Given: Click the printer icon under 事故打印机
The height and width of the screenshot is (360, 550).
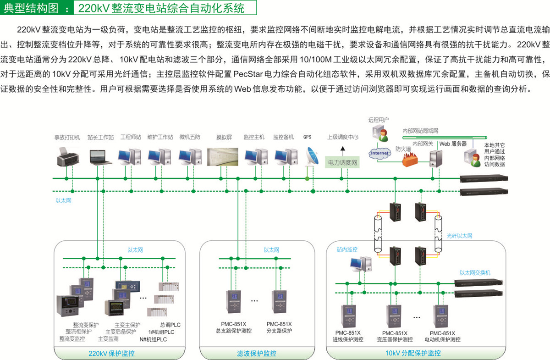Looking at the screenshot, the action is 68,157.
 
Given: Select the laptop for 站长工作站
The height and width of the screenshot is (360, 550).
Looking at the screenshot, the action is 101,157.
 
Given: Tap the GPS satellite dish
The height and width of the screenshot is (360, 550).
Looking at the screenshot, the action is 312,156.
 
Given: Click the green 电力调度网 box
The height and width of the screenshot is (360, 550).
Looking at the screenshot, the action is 342,162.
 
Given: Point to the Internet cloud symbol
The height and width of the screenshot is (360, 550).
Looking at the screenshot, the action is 379,153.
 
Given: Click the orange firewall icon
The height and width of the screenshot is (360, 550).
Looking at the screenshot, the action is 410,159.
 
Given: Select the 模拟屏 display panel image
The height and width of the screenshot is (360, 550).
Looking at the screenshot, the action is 223,156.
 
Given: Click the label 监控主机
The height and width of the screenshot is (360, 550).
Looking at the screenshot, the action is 254,137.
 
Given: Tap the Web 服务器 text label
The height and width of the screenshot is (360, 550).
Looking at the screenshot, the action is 453,144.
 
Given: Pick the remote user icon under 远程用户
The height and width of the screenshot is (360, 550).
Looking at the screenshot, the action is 380,133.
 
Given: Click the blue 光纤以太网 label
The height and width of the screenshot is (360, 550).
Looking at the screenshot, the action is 459,236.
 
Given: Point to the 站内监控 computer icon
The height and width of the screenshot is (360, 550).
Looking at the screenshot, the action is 360,264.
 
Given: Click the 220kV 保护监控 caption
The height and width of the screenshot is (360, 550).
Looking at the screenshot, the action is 111,354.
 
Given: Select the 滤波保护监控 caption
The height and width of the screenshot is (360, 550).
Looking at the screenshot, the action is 257,354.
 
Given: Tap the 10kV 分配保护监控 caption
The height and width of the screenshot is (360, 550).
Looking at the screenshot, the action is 413,353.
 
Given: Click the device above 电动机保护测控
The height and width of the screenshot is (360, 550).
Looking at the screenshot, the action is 441,316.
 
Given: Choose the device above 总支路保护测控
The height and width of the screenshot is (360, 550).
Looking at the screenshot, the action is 233,302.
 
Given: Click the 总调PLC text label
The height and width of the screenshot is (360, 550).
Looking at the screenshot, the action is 170,325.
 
